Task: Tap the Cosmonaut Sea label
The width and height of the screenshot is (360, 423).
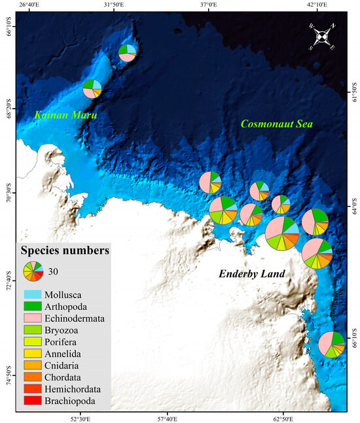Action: [x=276, y=124]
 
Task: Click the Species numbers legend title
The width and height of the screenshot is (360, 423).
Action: [x=65, y=250]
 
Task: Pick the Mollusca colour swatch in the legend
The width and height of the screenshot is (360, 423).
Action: [x=33, y=294]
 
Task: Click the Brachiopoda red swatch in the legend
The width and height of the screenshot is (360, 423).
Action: [x=33, y=400]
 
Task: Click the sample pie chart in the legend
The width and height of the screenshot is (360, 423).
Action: [x=33, y=271]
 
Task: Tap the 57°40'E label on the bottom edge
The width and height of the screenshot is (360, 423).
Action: [x=168, y=417]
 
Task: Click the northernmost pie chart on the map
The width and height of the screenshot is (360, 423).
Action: [x=128, y=52]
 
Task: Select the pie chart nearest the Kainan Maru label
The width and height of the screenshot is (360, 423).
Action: [x=92, y=88]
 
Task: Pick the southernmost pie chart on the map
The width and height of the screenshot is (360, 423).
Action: [x=332, y=345]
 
